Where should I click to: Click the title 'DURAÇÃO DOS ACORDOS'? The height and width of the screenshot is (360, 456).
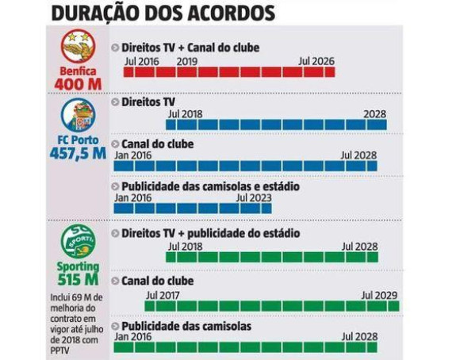click(162, 13)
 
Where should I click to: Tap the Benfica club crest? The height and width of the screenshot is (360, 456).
click(77, 48)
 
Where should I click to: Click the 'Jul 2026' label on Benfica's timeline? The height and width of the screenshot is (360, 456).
click(316, 60)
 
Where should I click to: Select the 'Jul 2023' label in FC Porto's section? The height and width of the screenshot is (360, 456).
click(254, 198)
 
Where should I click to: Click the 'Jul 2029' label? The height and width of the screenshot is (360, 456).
click(380, 294)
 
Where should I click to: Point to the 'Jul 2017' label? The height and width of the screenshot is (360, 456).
click(163, 294)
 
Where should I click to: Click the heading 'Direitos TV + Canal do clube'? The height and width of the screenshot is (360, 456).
click(190, 48)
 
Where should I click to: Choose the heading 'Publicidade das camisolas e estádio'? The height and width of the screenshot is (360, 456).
click(210, 186)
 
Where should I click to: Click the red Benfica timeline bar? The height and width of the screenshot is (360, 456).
click(228, 72)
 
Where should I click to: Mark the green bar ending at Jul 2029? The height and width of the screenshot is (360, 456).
click(271, 306)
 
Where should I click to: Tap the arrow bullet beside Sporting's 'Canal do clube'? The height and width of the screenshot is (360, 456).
click(116, 281)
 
